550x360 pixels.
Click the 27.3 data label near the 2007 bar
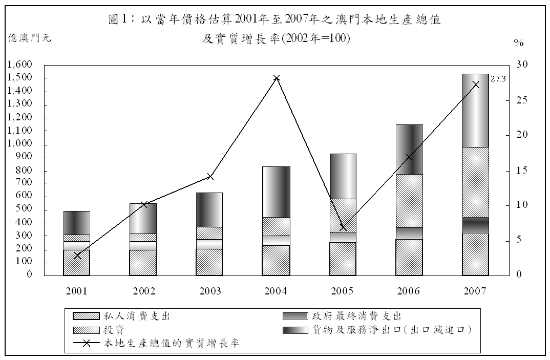[498, 79]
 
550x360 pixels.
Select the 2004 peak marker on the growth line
[277, 78]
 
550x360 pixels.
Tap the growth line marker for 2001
[77, 255]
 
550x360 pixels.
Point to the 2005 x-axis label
[342, 291]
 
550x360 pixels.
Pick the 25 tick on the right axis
[521, 100]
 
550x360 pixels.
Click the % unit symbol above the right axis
[519, 43]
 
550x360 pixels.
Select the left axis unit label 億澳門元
[30, 37]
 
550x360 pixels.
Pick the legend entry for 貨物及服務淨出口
[391, 330]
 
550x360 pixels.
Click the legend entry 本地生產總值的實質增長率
[171, 343]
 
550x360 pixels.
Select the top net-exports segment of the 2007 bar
[475, 111]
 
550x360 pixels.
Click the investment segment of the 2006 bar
[409, 200]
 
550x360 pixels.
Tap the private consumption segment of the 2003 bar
[209, 262]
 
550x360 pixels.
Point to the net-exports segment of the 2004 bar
[277, 192]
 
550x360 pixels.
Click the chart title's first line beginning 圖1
[275, 20]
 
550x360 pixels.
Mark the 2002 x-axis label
[143, 291]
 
